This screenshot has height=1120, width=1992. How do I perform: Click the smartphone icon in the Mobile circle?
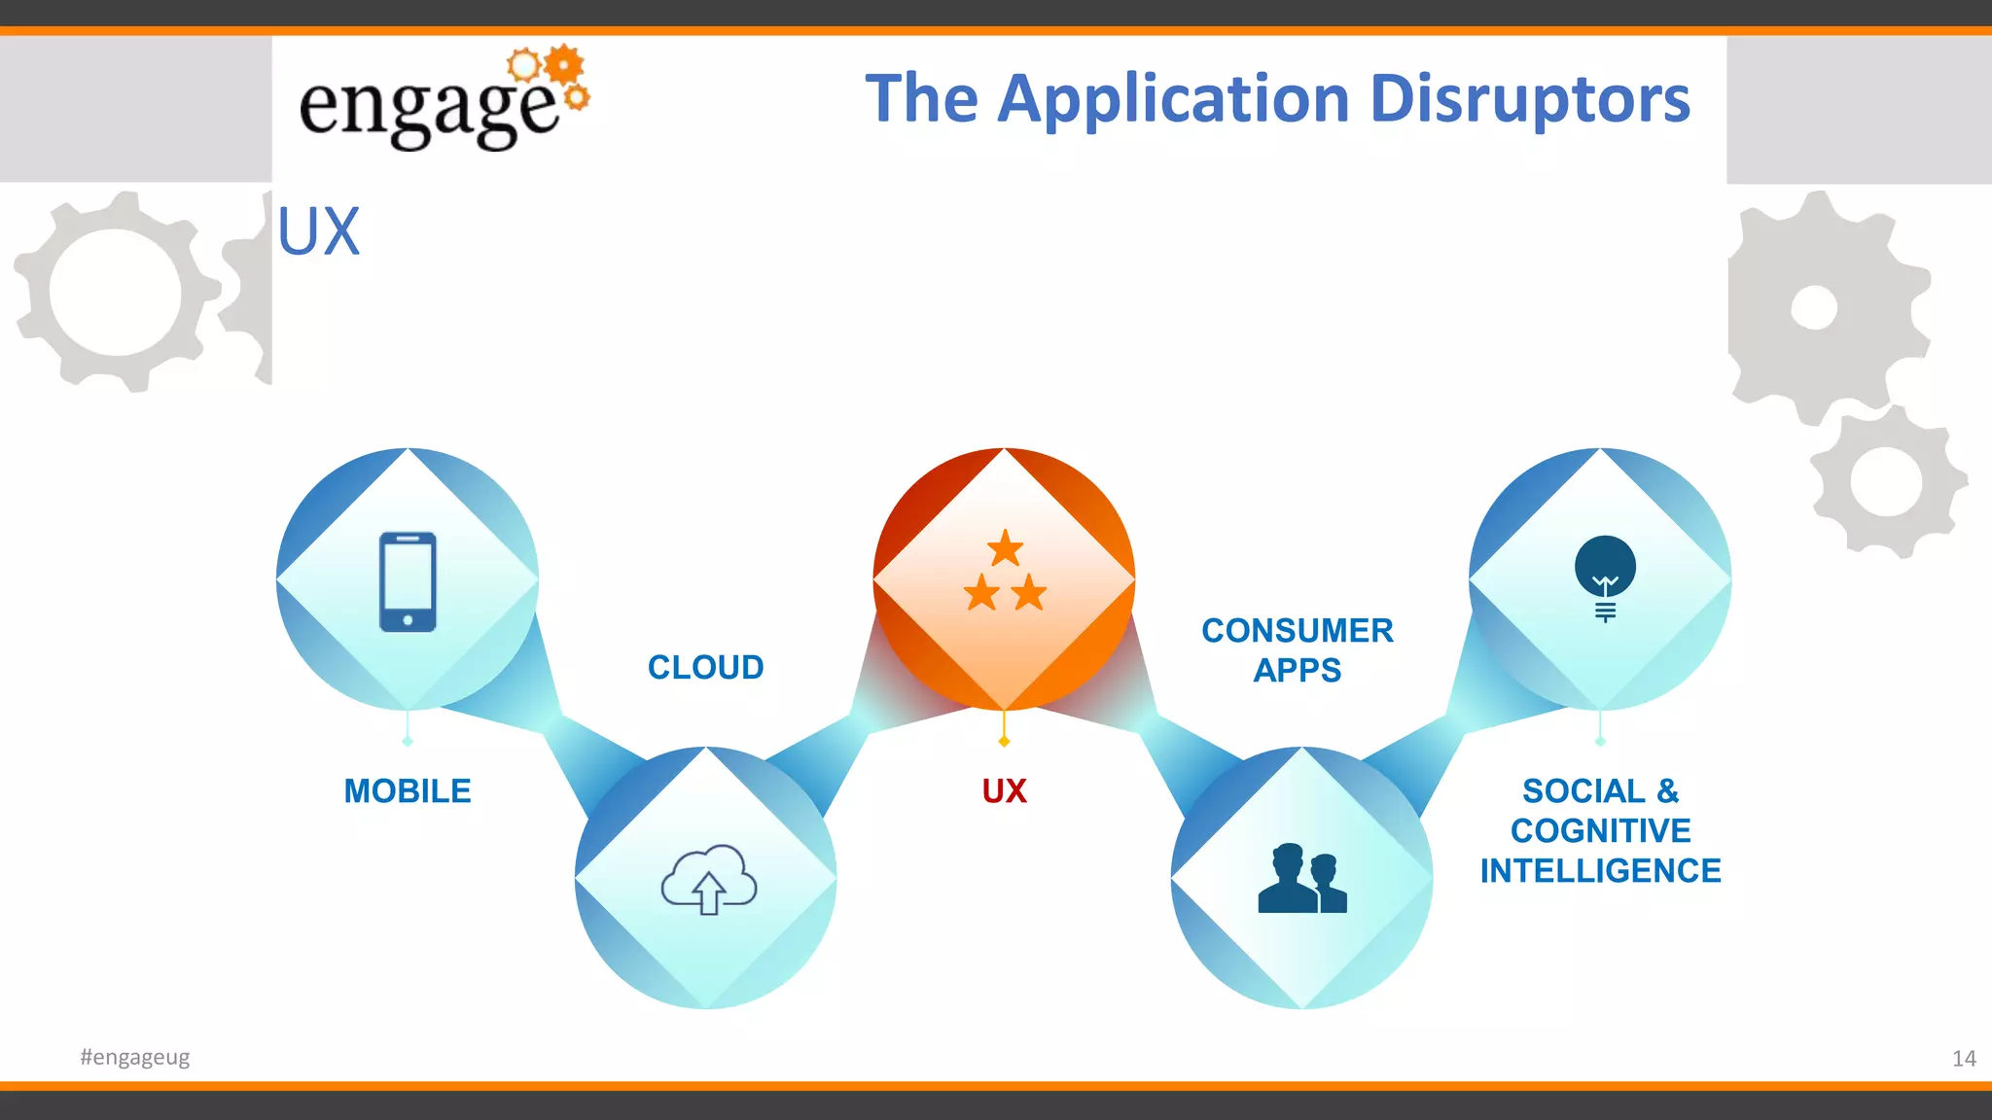tap(408, 581)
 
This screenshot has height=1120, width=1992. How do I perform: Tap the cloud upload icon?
tap(708, 879)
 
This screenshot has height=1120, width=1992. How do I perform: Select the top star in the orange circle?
tap(1005, 548)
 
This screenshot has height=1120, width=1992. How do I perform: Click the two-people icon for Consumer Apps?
tap(1301, 879)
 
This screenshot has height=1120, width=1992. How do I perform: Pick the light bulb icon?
tap(1605, 576)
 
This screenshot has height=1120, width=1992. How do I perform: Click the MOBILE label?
tap(408, 791)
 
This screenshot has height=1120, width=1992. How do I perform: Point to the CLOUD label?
tap(706, 668)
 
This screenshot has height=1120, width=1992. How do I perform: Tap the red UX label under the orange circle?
tap(1004, 791)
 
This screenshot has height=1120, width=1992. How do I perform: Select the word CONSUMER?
tap(1298, 631)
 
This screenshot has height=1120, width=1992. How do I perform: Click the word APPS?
tap(1298, 671)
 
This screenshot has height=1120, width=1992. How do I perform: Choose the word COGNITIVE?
tap(1600, 831)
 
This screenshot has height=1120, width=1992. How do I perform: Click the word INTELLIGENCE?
tap(1600, 871)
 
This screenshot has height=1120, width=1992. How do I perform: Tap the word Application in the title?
tap(1174, 99)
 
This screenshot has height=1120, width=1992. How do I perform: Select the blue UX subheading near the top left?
tap(319, 231)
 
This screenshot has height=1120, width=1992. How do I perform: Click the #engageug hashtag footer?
tap(135, 1057)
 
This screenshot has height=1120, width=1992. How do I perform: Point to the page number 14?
tap(1963, 1059)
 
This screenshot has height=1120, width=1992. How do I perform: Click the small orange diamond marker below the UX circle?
tap(1004, 742)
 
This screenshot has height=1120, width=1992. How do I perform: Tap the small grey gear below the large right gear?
tap(1885, 481)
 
